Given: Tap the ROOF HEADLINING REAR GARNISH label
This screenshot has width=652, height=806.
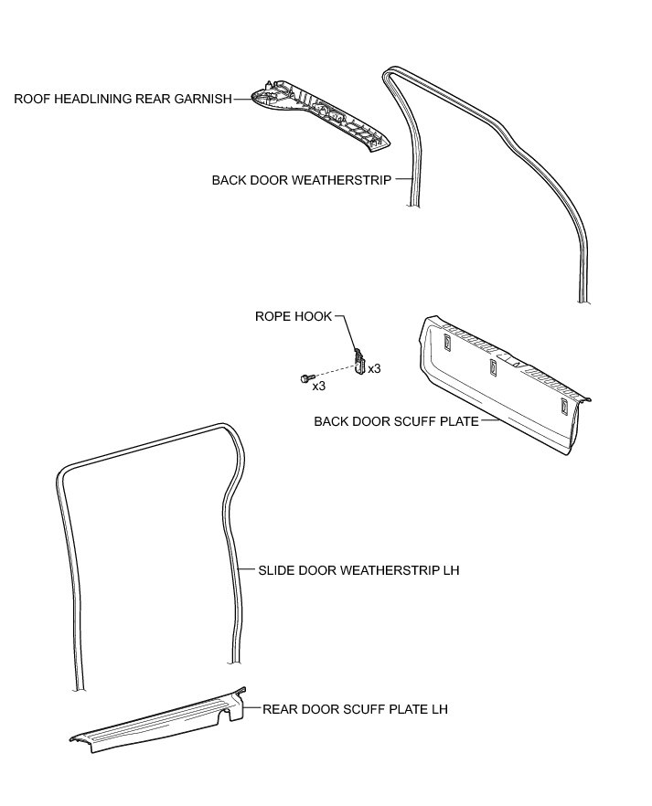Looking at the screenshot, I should click(x=123, y=99).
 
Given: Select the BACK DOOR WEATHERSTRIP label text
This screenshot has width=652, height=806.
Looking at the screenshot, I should click(x=302, y=180).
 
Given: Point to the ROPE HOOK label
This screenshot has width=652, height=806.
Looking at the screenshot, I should click(x=293, y=316).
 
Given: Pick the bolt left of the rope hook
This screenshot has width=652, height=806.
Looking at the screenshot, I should click(x=306, y=377).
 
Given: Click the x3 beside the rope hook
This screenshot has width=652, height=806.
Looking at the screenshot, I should click(x=374, y=367).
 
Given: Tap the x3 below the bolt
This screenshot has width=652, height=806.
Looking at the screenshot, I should click(x=319, y=387).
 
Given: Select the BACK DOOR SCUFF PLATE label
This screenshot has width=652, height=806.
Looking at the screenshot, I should click(x=396, y=421).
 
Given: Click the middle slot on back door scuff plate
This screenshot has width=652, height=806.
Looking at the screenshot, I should click(x=493, y=366).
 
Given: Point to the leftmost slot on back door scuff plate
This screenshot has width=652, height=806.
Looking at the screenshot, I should click(x=446, y=343).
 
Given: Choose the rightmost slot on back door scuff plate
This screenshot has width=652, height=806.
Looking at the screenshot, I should click(x=562, y=405).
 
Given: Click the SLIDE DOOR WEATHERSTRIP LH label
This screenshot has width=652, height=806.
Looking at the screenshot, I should click(x=358, y=570).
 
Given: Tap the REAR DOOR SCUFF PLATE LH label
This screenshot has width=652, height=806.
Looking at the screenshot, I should click(x=355, y=708).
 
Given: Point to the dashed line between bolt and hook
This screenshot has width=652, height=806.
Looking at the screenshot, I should click(x=334, y=371).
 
